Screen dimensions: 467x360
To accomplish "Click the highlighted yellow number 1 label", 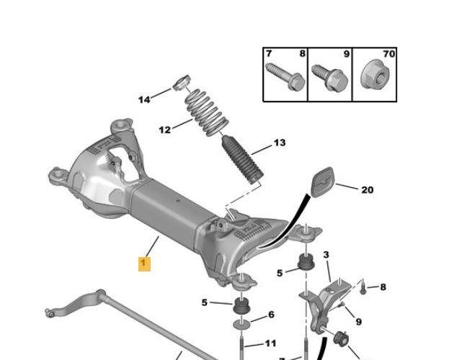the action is (x=144, y=264).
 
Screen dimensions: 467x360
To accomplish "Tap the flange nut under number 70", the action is (x=375, y=74).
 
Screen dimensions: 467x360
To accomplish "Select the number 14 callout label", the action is (x=144, y=99).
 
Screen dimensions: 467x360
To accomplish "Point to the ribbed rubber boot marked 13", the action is (x=243, y=160).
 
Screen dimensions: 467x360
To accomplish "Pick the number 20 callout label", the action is (x=368, y=190).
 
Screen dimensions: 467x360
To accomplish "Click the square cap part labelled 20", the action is (x=323, y=181).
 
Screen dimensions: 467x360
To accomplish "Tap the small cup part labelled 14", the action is (x=182, y=82).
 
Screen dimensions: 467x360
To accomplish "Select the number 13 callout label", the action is (x=280, y=143).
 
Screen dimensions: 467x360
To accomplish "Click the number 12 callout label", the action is (x=165, y=130).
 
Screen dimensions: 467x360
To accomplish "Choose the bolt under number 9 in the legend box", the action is (x=330, y=78).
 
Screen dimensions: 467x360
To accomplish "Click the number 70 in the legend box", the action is (x=389, y=54).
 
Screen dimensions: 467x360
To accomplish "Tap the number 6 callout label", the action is (x=271, y=315).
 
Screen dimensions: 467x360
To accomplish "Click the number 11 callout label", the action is (x=270, y=343).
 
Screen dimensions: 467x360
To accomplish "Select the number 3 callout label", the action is (x=326, y=255).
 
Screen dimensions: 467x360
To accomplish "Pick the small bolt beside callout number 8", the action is (x=363, y=289).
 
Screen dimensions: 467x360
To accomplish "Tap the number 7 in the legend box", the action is (x=269, y=54).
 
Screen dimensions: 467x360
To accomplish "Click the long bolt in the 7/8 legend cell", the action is (x=285, y=76).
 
